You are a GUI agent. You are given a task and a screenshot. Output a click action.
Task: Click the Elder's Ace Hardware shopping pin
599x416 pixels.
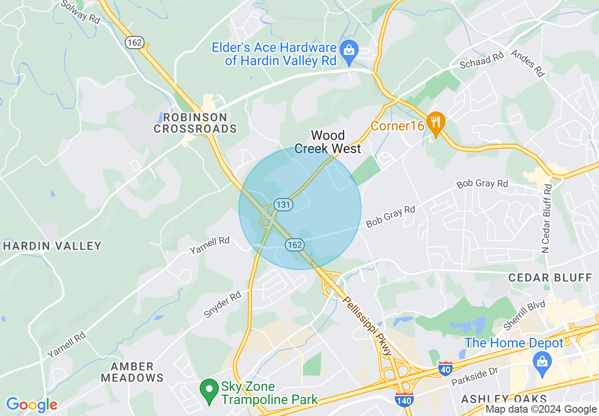349,49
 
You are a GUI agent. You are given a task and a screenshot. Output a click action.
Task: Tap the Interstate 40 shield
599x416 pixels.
445,369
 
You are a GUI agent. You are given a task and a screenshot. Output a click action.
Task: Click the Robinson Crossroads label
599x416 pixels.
195,123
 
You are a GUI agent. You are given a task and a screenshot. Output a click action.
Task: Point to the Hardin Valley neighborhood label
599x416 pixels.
52,246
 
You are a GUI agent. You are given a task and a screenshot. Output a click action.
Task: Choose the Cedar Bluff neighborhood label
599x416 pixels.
550,277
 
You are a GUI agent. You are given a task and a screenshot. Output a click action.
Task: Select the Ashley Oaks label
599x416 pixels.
504,399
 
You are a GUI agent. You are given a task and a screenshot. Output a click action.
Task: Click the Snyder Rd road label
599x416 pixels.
222,305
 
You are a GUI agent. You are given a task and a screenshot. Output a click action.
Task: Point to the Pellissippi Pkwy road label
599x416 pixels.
367,326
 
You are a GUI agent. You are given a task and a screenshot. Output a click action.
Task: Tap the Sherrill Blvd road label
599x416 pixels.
524,315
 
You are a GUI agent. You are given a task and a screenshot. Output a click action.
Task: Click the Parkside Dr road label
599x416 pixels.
474,376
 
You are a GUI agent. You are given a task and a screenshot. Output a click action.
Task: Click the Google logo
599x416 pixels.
32,405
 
